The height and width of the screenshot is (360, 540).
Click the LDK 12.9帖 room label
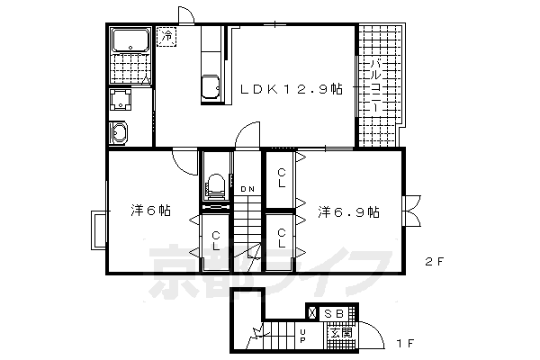pos(291,90)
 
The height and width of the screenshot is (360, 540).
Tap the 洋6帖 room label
pos(150,211)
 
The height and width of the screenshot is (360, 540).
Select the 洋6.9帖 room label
pos(348,211)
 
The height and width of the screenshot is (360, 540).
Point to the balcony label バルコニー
pos(376,86)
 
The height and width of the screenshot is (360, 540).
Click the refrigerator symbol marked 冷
pos(166,37)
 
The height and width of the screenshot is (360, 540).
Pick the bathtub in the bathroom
pos(130,40)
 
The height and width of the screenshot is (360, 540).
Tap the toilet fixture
pos(216,186)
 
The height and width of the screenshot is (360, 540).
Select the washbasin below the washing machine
pos(119,132)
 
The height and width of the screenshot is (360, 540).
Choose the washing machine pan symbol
pos(121,100)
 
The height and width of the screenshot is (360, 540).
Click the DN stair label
pos(247,189)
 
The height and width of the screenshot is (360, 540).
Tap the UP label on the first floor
pos(302,337)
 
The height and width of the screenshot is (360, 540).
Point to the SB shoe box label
pos(334,314)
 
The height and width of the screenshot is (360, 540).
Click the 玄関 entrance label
pos(341,333)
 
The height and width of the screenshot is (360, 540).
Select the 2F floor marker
pos(435,262)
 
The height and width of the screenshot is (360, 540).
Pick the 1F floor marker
pos(405,344)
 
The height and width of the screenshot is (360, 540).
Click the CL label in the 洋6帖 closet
pos(216,241)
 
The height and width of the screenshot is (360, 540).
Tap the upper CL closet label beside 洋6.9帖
pos(282,177)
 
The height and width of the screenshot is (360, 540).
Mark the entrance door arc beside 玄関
pos(377,329)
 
